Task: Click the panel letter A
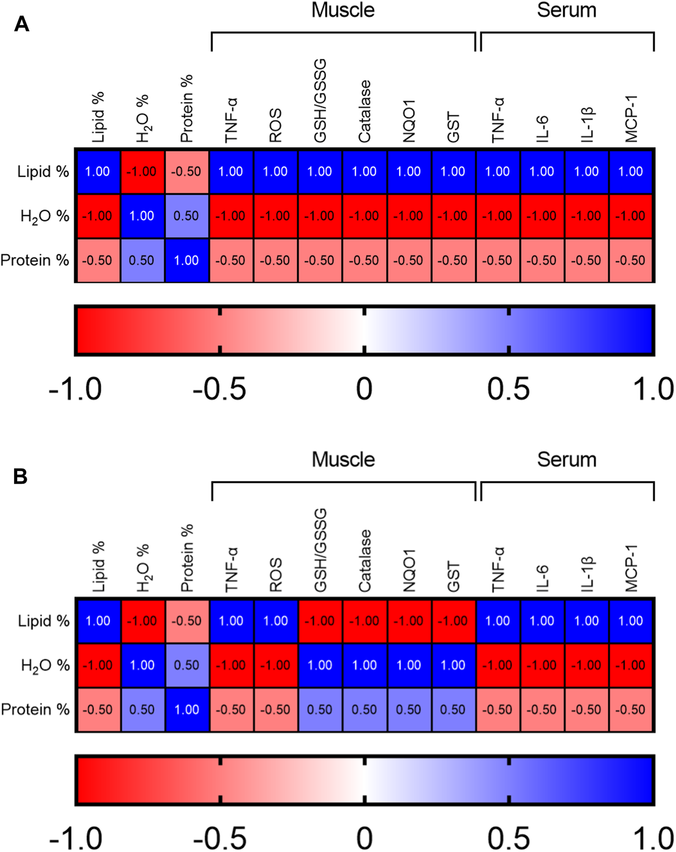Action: coord(21,24)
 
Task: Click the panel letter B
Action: coord(21,476)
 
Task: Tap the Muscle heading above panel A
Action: coord(343,10)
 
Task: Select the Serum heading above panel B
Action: coord(566,460)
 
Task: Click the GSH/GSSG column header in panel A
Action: coord(320,100)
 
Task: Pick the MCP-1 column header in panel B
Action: coord(631,568)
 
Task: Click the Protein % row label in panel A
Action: coord(35,260)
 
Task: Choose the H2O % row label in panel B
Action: coord(45,666)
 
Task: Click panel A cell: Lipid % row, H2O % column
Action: coord(142,171)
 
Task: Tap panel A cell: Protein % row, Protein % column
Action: coord(186,260)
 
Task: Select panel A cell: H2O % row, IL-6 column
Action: coord(542,216)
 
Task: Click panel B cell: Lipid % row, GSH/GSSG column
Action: coord(320,621)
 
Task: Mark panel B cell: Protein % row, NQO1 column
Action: coord(409,709)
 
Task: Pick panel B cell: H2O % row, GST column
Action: coord(453,665)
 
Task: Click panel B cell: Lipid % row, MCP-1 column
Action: coord(631,621)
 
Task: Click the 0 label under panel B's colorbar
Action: coord(365,838)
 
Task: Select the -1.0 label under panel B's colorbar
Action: coord(75,838)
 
